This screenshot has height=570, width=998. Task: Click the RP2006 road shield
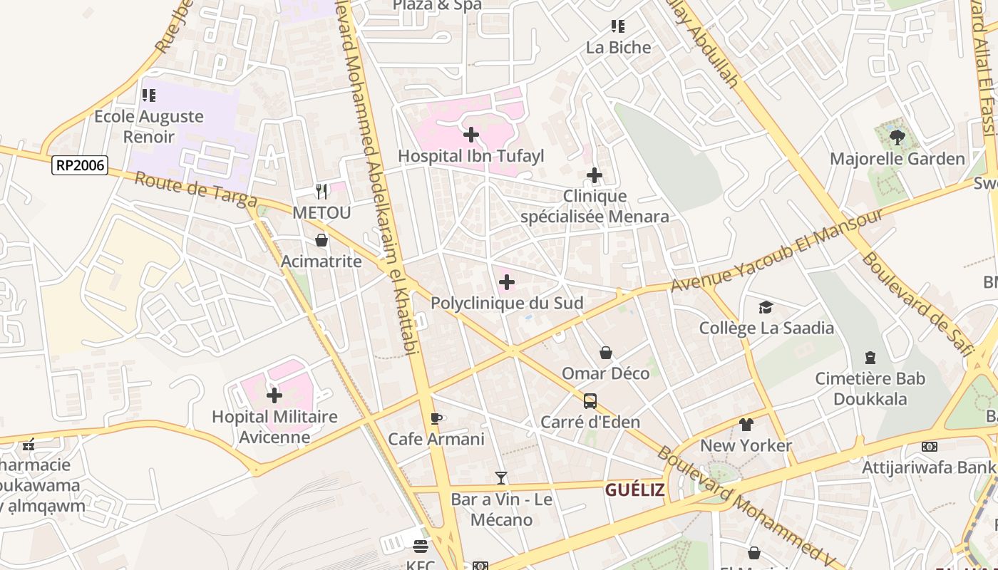[x=80, y=166]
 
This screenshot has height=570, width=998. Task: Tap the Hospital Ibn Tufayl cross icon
[x=470, y=134]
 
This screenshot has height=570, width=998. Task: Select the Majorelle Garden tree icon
[x=897, y=137]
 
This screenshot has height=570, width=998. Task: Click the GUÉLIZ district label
[x=634, y=490]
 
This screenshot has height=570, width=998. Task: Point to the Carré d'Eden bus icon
[x=590, y=400]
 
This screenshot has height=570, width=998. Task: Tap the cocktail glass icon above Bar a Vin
[x=501, y=477]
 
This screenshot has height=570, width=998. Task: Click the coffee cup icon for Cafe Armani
[x=436, y=418]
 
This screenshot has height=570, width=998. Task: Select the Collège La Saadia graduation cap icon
[x=766, y=307]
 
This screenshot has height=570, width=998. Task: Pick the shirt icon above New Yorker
[x=746, y=425]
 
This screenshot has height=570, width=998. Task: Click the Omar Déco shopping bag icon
[x=605, y=352]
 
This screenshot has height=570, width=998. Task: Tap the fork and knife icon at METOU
[x=321, y=191]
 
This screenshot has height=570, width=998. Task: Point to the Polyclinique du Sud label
[x=507, y=304]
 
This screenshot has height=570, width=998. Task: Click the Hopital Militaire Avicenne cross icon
[x=274, y=395]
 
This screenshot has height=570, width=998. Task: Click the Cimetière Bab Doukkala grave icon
[x=870, y=357]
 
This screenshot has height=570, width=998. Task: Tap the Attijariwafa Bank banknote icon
[x=929, y=447]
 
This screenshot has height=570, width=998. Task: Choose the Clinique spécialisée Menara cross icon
[x=594, y=175]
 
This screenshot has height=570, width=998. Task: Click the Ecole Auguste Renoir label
[x=149, y=126]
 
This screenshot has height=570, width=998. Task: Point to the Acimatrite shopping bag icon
[x=321, y=240]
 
